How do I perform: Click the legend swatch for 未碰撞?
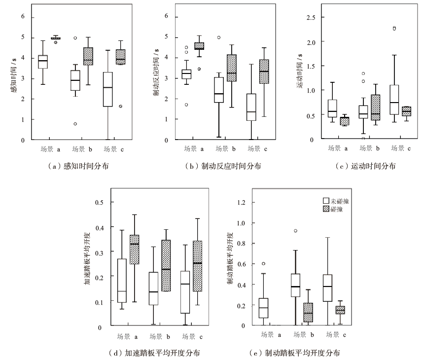point(326,201)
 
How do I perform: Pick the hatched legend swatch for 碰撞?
point(326,209)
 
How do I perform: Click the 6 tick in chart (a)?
point(22,16)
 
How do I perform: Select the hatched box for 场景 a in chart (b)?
point(199,46)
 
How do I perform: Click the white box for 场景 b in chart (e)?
point(295,285)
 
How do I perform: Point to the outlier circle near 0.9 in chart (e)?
point(295,231)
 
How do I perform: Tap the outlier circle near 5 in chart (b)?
point(218,37)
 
